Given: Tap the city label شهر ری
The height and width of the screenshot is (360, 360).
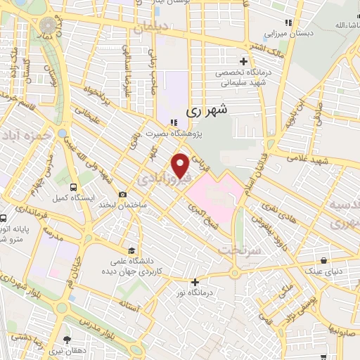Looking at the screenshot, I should tap(207, 112).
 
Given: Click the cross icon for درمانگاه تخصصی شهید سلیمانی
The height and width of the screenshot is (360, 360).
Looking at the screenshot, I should tap(244, 61).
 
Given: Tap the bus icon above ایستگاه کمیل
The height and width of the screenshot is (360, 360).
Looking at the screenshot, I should tap(74, 187).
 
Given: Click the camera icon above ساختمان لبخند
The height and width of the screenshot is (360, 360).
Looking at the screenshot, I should tap(123, 195).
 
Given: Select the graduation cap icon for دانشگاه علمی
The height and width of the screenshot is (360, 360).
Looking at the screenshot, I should tap(131, 250).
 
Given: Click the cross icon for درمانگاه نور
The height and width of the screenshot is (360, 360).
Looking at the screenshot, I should tap(195, 283).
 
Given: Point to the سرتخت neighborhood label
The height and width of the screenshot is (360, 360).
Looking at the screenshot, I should tap(240, 250).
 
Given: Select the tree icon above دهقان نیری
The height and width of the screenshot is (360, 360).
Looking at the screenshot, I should tap(67, 340).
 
